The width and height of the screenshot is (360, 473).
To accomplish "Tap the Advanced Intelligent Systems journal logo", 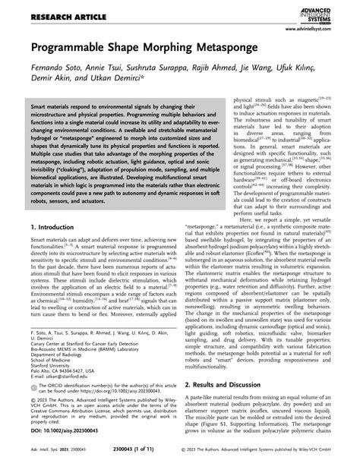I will point(329,11).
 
